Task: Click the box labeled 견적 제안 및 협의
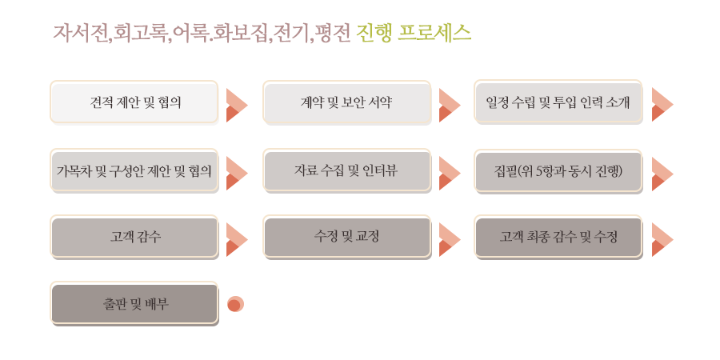[134, 102]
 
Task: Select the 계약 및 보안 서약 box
[347, 102]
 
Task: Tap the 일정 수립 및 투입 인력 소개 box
[558, 102]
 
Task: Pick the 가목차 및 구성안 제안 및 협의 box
[134, 171]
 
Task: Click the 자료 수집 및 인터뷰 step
[347, 171]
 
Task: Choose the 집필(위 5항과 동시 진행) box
[558, 171]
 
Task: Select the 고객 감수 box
[134, 237]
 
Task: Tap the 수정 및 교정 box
[347, 237]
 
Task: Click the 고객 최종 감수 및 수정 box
[558, 237]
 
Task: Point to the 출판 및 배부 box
[134, 304]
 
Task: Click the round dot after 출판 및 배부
[235, 304]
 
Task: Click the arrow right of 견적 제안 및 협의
[236, 105]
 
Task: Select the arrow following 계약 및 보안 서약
[449, 105]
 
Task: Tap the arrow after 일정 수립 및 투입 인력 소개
[662, 105]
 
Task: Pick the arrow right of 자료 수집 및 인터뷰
[449, 174]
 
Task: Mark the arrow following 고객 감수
[236, 240]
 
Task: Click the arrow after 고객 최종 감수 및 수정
[662, 240]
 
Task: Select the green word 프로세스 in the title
[434, 33]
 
